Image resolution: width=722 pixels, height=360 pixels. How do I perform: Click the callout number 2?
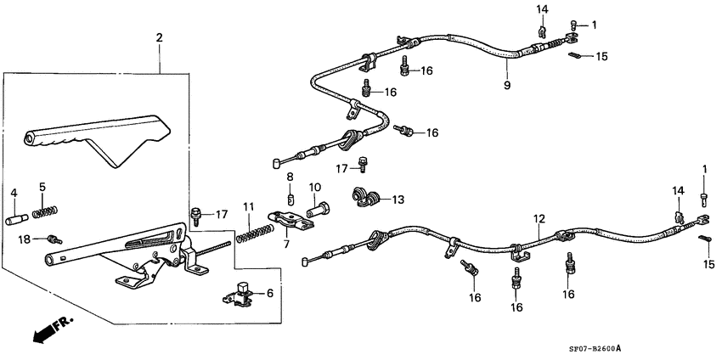[x=158, y=38]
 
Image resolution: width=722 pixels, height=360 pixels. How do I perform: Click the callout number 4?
[x=13, y=193]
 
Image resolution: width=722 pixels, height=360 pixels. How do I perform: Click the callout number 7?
[x=285, y=244]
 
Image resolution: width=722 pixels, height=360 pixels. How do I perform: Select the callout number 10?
[x=314, y=187]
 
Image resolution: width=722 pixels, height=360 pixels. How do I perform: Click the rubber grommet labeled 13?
[x=366, y=198]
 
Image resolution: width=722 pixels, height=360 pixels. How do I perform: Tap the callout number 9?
[x=507, y=85]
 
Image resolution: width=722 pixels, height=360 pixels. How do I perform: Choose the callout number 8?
[x=290, y=177]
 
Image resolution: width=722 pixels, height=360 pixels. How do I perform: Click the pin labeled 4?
[x=14, y=220]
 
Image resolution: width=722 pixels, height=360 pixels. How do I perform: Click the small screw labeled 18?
[x=54, y=240]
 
